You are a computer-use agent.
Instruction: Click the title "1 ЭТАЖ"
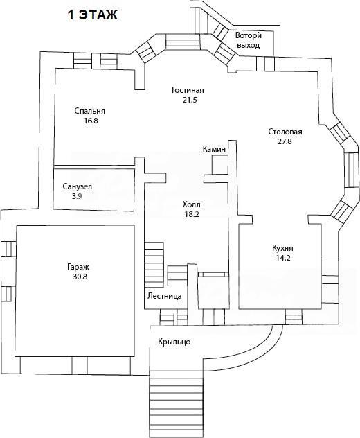[92, 15]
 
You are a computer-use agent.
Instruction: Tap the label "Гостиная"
[188, 90]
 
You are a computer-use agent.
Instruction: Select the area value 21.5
[190, 100]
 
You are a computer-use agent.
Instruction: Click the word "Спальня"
[90, 111]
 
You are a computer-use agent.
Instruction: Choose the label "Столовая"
[285, 132]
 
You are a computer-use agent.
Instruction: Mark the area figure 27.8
[285, 141]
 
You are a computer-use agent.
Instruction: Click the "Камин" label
[214, 149]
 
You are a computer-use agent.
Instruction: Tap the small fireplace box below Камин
[220, 165]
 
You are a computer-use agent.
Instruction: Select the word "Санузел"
[77, 186]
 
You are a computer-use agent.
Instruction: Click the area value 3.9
[76, 196]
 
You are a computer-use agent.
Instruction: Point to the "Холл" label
[192, 204]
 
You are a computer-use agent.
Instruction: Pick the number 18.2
[192, 215]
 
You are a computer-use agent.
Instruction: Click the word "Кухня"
[282, 248]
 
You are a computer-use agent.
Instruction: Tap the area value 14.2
[283, 258]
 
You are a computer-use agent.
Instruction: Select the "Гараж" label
[78, 268]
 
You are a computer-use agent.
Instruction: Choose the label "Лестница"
[165, 296]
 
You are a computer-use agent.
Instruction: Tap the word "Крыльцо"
[174, 342]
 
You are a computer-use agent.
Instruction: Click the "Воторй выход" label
[249, 40]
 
